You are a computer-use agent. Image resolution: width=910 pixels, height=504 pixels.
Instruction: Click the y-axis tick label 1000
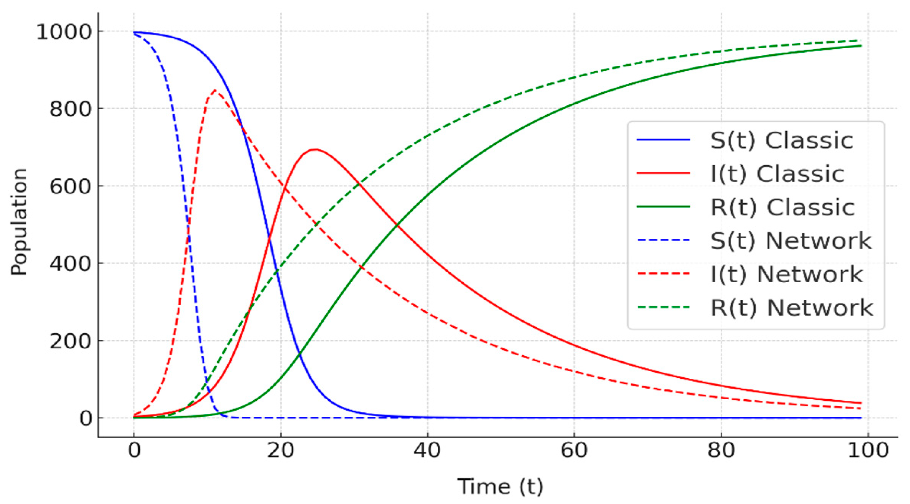tap(64, 32)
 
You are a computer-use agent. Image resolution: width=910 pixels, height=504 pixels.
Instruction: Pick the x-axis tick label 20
tap(281, 451)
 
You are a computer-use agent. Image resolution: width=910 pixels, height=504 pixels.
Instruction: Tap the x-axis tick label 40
tap(427, 451)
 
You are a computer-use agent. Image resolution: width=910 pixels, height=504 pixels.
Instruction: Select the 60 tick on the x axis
tap(574, 451)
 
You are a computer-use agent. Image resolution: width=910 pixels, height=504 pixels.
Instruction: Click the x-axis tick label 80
tap(721, 451)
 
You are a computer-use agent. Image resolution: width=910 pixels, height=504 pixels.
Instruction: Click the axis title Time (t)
tap(500, 486)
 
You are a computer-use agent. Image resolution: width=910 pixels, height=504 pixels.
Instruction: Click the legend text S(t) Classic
tap(782, 140)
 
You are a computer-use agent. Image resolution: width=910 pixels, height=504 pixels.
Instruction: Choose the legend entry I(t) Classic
tap(777, 174)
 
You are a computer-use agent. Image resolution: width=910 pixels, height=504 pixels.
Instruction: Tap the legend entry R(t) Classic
tap(782, 207)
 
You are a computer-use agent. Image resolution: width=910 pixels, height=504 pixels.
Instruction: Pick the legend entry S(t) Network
tap(791, 241)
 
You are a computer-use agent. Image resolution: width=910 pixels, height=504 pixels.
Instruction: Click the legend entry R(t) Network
tap(792, 308)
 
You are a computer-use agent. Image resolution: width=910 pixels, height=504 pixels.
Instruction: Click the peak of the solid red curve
tap(315, 150)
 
